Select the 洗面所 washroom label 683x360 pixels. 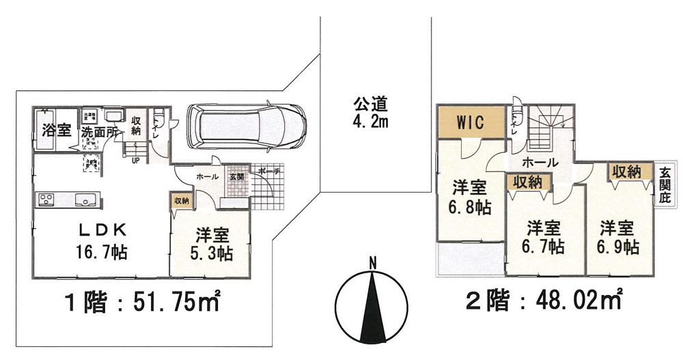point(100,133)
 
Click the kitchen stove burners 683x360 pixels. point(46,200)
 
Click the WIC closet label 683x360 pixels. point(471,123)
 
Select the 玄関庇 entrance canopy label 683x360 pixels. point(665,186)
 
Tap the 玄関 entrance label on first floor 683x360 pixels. point(236,176)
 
